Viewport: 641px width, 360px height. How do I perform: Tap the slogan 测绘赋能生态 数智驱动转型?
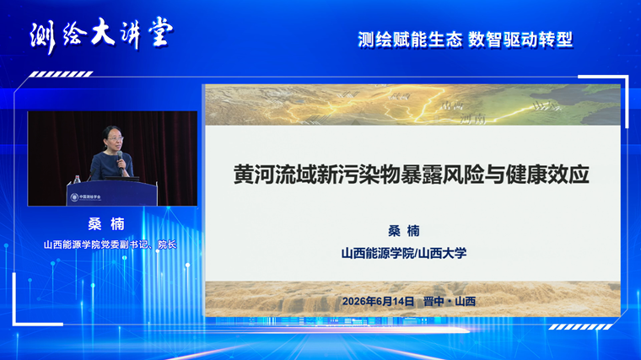pos(466,40)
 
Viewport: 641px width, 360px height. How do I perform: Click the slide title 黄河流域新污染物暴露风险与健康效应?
pos(411,174)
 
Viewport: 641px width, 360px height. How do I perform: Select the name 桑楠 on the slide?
pos(404,231)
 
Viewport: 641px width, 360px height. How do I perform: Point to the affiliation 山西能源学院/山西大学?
pos(404,253)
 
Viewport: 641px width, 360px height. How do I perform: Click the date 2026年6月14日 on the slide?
pos(378,302)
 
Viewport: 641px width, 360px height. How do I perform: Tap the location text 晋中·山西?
pos(450,302)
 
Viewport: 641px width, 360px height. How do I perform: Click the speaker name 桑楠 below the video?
pos(106,224)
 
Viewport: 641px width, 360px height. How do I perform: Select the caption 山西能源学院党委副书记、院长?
pos(110,244)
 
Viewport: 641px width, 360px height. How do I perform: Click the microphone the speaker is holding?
pos(120,160)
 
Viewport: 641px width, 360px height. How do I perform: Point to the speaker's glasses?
pos(116,139)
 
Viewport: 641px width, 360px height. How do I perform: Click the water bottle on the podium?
pos(77,179)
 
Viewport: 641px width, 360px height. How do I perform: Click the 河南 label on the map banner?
pos(473,119)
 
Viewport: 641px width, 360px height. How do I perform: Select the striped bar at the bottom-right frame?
pos(580,327)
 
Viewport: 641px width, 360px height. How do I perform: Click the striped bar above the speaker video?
pos(61,74)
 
